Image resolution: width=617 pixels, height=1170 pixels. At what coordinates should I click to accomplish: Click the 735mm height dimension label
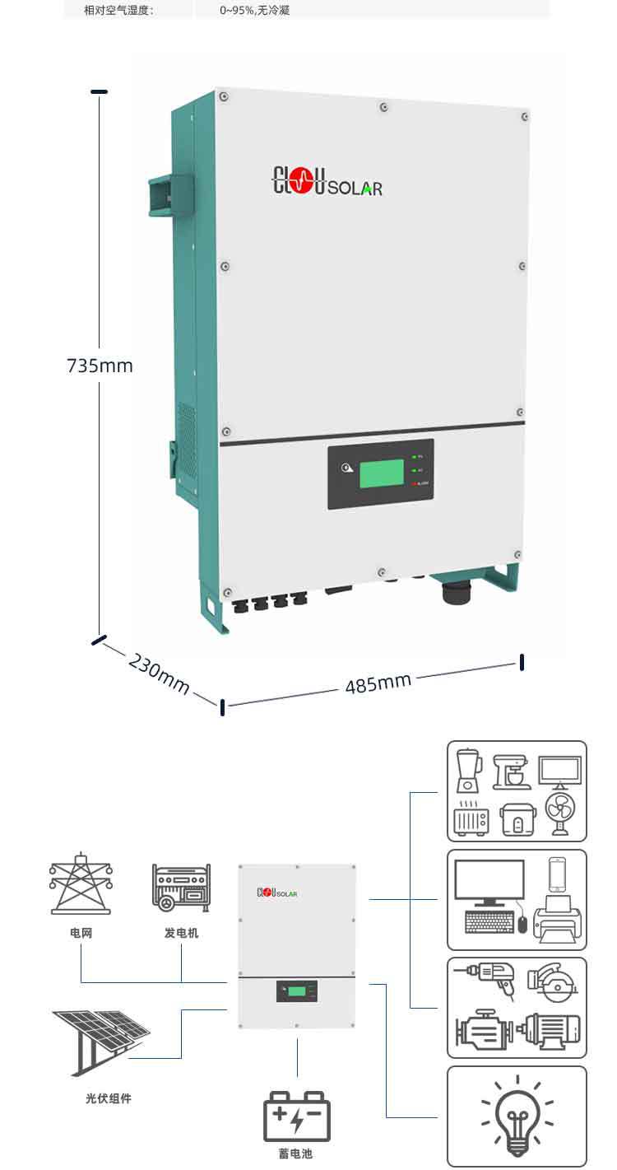(x=100, y=366)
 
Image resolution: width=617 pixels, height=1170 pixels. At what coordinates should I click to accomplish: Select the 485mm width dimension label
(x=378, y=683)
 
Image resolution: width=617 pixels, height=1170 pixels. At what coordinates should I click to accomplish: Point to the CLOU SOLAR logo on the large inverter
(x=327, y=184)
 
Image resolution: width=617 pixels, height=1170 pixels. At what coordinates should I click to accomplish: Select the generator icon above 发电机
(x=181, y=888)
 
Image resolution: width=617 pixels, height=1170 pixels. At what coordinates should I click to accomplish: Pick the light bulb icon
(x=517, y=1115)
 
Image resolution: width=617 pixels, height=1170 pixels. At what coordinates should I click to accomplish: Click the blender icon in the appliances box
(x=468, y=769)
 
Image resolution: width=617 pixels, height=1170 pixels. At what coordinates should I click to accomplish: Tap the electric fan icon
(x=563, y=815)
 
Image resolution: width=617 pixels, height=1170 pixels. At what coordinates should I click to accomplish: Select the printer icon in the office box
(x=558, y=920)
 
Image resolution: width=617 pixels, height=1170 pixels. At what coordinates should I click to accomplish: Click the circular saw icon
(x=555, y=980)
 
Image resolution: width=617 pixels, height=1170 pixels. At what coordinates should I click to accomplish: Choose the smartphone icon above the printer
(x=558, y=874)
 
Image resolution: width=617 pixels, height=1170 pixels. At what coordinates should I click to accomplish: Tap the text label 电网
(x=81, y=933)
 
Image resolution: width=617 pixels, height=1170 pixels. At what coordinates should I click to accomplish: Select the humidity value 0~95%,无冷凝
(x=255, y=11)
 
